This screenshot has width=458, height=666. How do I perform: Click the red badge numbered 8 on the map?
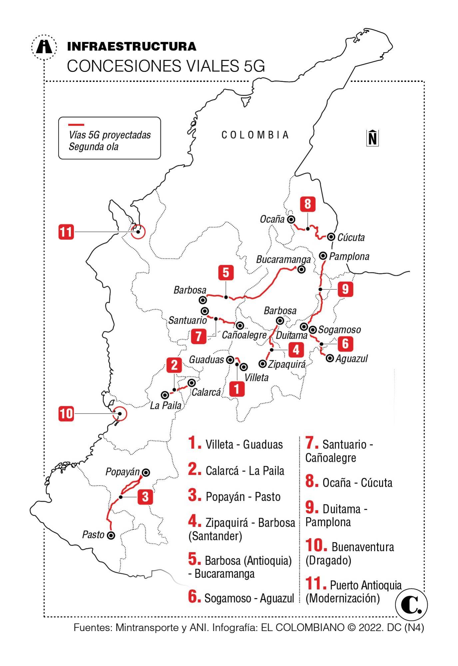pyautogui.click(x=307, y=204)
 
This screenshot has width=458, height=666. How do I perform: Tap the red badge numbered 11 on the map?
pyautogui.click(x=66, y=232)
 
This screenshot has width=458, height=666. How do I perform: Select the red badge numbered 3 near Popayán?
pyautogui.click(x=145, y=497)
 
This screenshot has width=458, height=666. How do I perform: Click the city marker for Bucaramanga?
pyautogui.click(x=301, y=270)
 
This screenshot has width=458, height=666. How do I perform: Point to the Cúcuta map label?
pyautogui.click(x=351, y=237)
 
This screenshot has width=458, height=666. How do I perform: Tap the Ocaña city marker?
pyautogui.click(x=291, y=219)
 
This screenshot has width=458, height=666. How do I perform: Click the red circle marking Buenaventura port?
pyautogui.click(x=120, y=414)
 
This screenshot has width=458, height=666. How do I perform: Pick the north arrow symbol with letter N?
pyautogui.click(x=372, y=138)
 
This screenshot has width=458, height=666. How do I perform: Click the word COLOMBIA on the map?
pyautogui.click(x=255, y=135)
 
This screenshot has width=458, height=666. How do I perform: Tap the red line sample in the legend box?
pyautogui.click(x=76, y=125)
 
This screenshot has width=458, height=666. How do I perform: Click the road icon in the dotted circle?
pyautogui.click(x=44, y=47)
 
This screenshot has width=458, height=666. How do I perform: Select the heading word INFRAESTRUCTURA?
pyautogui.click(x=132, y=46)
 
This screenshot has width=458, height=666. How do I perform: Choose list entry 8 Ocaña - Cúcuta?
pyautogui.click(x=349, y=483)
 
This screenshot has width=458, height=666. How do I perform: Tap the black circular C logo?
pyautogui.click(x=411, y=605)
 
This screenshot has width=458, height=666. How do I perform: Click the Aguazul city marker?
pyautogui.click(x=330, y=358)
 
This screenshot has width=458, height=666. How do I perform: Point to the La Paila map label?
pyautogui.click(x=166, y=405)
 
